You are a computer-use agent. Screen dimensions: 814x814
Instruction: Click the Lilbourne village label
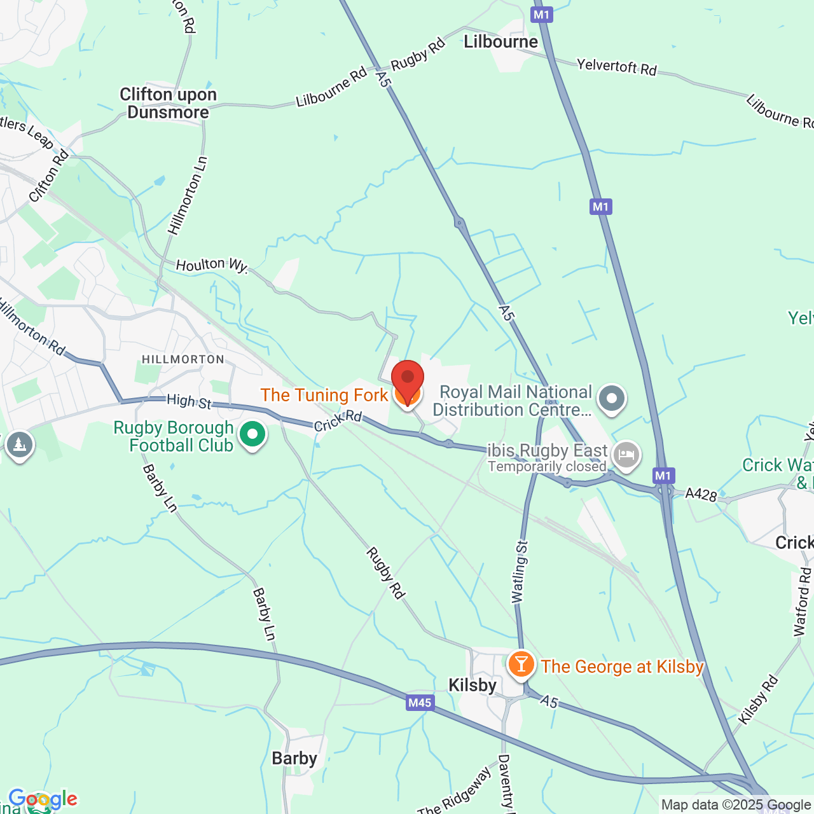point(500,42)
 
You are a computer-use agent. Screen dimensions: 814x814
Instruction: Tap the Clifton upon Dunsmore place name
point(168,104)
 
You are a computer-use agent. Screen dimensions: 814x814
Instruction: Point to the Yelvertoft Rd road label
point(616,67)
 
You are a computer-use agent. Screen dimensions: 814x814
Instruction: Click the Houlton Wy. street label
point(211,265)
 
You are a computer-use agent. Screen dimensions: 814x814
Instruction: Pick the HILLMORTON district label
point(183,360)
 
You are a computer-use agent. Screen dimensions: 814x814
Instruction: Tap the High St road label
point(189,402)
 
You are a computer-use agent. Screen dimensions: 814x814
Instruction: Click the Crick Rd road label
point(338,420)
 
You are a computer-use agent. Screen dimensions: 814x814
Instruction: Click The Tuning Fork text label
point(324,396)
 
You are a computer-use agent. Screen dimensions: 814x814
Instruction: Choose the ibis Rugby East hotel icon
point(626,455)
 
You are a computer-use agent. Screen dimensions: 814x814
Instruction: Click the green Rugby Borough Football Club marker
point(252,435)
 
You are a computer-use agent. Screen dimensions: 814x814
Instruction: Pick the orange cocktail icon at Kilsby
point(521,665)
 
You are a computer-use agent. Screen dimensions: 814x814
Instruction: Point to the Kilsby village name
point(472,686)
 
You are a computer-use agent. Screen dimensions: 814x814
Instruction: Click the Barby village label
point(294,759)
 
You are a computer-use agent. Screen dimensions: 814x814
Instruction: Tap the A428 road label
point(701,494)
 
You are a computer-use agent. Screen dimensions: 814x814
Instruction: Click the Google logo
point(43,799)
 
